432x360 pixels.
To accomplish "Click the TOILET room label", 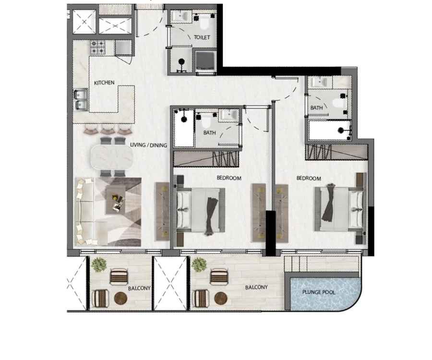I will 202,37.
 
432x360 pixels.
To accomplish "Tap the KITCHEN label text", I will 104,83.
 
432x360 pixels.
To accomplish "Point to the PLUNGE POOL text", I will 319,292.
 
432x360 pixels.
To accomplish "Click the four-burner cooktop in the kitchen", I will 98,47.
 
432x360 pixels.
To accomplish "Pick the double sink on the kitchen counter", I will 80,99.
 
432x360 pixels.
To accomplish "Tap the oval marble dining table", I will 112,156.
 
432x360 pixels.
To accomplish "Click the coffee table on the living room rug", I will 115,200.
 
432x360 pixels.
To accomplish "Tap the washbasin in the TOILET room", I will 180,16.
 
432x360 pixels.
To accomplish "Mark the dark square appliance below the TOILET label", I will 206,61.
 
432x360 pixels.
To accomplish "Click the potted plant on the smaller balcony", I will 99,264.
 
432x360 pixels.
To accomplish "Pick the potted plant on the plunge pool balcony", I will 198,264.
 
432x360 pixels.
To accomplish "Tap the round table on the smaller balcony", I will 120,298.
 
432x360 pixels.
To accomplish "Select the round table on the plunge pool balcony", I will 220,298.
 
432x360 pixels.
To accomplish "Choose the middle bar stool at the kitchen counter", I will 108,130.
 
